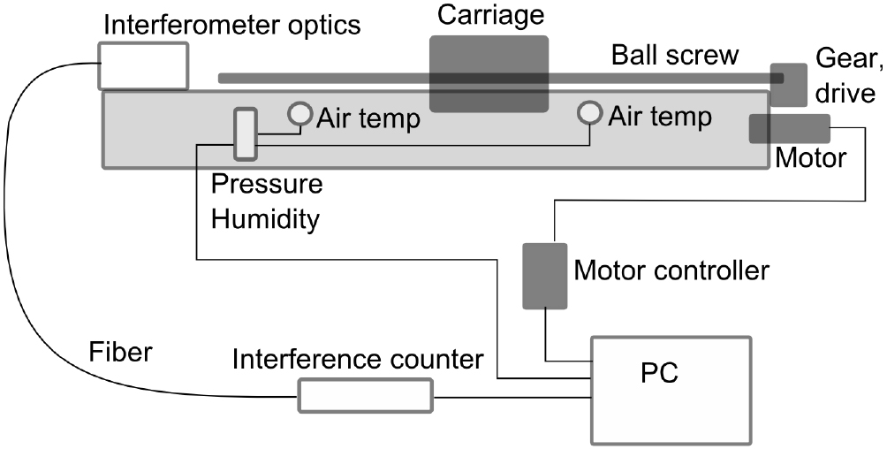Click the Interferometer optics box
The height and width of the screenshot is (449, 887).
(142, 66)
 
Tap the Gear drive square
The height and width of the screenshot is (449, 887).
(788, 85)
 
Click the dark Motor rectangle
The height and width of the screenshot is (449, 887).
(789, 128)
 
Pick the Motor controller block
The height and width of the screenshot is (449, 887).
(544, 275)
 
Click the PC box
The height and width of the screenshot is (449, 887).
(671, 389)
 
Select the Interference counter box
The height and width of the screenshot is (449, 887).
(366, 395)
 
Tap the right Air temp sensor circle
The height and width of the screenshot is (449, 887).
(589, 113)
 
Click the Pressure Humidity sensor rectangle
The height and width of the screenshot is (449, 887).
(245, 134)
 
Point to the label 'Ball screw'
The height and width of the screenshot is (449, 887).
(676, 55)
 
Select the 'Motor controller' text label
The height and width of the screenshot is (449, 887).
(671, 270)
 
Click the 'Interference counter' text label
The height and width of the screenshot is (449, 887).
(358, 360)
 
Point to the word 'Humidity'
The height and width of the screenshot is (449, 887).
(263, 219)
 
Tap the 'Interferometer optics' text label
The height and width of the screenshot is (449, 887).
(232, 24)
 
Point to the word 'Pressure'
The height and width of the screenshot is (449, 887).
(267, 186)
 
